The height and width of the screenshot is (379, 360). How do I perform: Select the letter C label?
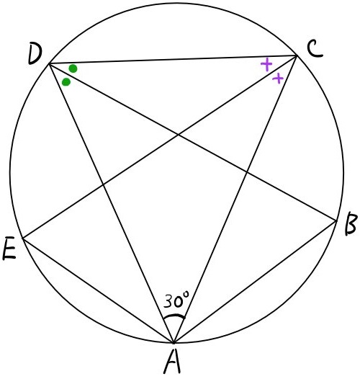315,50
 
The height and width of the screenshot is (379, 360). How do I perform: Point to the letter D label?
35,53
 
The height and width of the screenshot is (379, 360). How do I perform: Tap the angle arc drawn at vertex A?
174,316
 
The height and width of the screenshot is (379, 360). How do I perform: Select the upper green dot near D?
73,68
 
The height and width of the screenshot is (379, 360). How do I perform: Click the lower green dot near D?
66,82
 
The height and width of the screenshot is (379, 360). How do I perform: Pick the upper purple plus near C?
266,64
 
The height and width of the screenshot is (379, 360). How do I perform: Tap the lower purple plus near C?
278,78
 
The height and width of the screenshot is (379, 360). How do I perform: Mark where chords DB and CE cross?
179,135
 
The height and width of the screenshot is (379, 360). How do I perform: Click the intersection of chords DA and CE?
104,185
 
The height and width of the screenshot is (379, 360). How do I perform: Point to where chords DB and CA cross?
246,171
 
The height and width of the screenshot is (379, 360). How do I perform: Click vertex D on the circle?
49,63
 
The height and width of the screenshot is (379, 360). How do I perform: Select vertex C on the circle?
297,55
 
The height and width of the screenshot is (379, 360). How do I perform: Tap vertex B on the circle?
337,220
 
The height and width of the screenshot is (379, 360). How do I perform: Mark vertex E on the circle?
22,238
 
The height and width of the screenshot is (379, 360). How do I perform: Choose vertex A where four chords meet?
174,343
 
